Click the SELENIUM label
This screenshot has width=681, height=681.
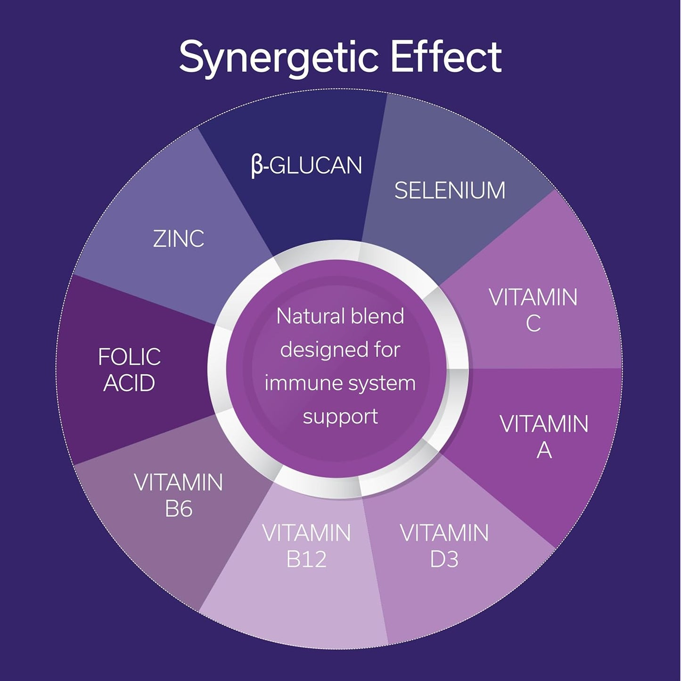(450, 190)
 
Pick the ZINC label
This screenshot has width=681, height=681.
(179, 238)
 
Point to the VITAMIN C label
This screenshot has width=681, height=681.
(533, 310)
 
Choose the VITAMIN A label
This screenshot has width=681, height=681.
(544, 436)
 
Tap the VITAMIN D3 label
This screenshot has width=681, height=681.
(444, 546)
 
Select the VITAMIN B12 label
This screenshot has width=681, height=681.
(306, 546)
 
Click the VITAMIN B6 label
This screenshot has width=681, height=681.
(179, 495)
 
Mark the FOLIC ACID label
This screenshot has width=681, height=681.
(130, 369)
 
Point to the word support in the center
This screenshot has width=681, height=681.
(340, 417)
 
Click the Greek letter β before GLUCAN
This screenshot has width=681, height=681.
(256, 166)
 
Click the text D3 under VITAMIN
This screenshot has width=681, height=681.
(444, 559)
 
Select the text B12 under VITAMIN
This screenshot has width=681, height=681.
(306, 559)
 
